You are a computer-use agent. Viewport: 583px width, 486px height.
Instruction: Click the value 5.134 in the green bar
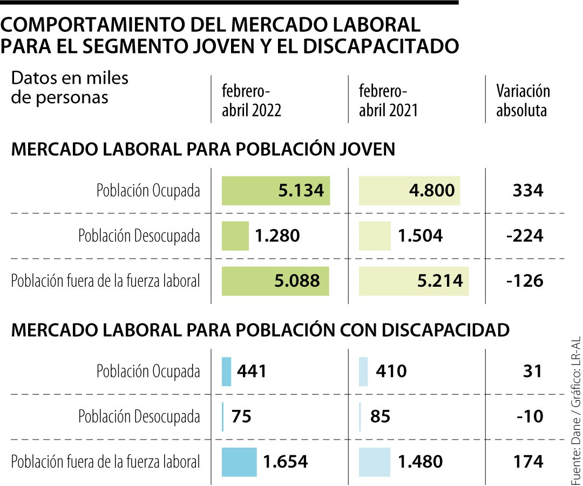301,191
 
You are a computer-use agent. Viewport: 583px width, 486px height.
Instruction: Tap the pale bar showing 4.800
410,191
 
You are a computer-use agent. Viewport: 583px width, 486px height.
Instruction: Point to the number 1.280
277,236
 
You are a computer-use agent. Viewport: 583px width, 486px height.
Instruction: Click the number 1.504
420,236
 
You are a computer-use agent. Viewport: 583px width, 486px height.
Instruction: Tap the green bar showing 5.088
275,281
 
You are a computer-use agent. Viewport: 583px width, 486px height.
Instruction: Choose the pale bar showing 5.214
414,281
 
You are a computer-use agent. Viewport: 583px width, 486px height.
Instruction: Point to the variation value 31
532,371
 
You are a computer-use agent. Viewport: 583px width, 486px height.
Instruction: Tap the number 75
241,416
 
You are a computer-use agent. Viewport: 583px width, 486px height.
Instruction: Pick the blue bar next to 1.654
239,462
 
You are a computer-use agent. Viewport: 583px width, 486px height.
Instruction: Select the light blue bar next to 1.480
375,462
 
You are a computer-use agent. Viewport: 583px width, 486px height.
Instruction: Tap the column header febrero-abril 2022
252,101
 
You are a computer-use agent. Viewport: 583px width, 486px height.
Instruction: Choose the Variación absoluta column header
523,101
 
